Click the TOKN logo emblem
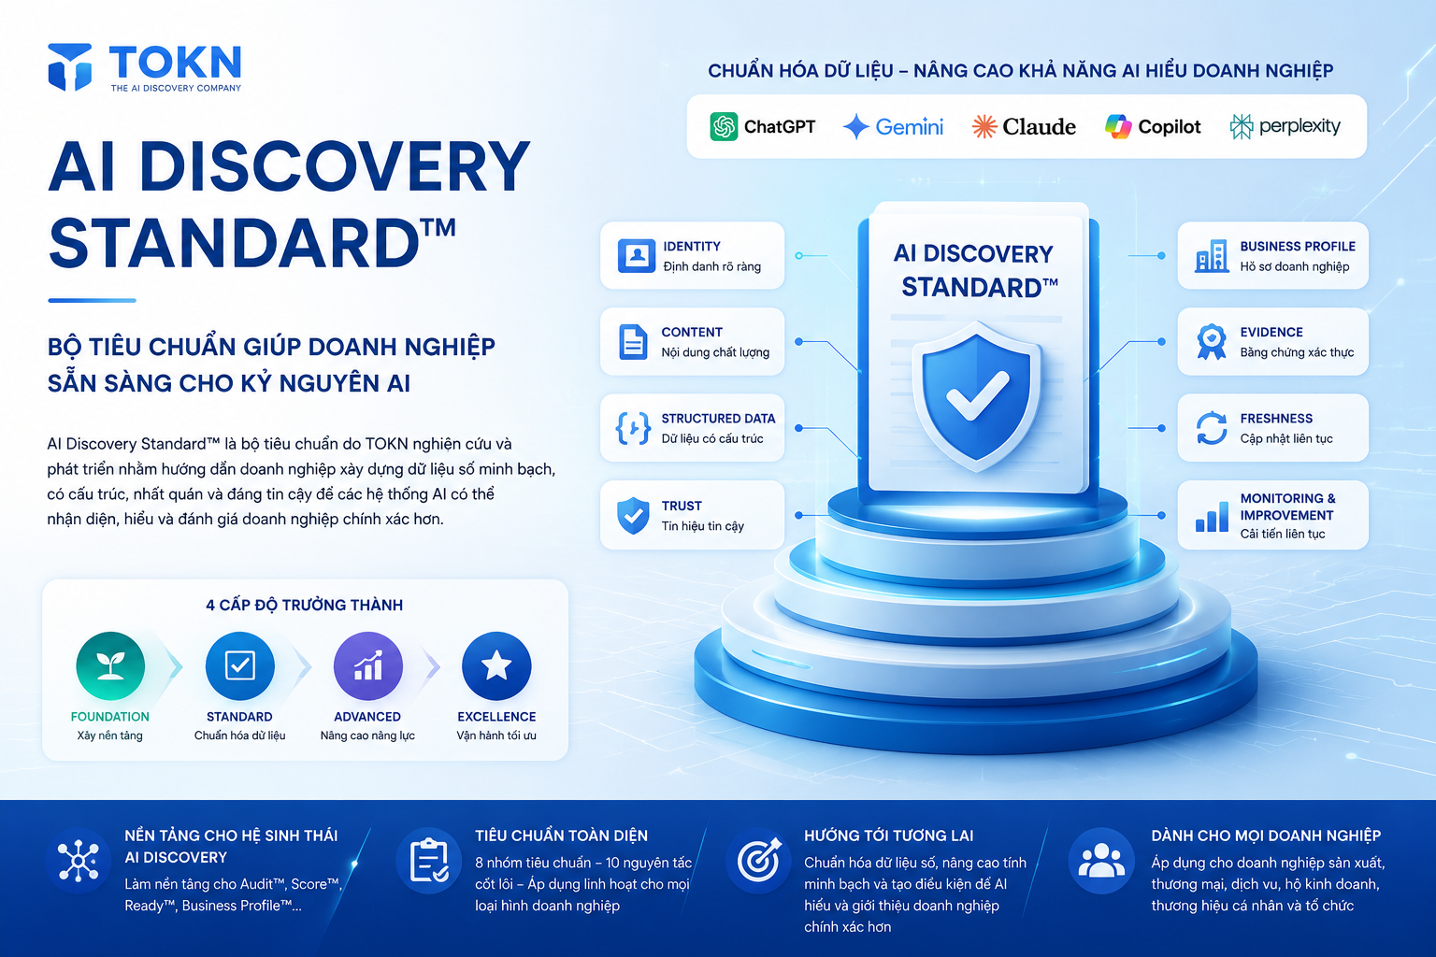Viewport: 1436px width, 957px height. tap(70, 66)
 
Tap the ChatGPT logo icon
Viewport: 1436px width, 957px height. tap(724, 126)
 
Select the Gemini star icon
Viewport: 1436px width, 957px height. tap(855, 126)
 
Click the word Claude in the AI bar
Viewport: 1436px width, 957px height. tap(1040, 126)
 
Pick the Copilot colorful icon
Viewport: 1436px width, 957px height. tap(1118, 126)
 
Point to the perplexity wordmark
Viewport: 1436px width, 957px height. tap(1300, 126)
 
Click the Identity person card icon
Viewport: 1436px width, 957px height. tap(636, 256)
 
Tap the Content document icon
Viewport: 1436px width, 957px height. tap(633, 342)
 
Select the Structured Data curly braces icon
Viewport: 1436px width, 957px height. tap(633, 428)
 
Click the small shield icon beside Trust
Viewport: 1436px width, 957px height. tap(633, 515)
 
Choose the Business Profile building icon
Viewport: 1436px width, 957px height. tap(1212, 256)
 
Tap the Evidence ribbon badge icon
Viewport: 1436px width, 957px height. tap(1211, 342)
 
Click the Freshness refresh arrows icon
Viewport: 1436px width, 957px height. tap(1212, 428)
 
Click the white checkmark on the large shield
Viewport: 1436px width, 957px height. tap(978, 396)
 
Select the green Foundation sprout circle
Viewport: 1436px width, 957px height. tap(110, 666)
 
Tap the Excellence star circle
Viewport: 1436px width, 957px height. tap(496, 666)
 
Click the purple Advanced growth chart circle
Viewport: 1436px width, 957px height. tap(368, 666)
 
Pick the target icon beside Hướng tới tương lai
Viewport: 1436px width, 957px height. tap(759, 860)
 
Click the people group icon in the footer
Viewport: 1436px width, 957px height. tap(1101, 861)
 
